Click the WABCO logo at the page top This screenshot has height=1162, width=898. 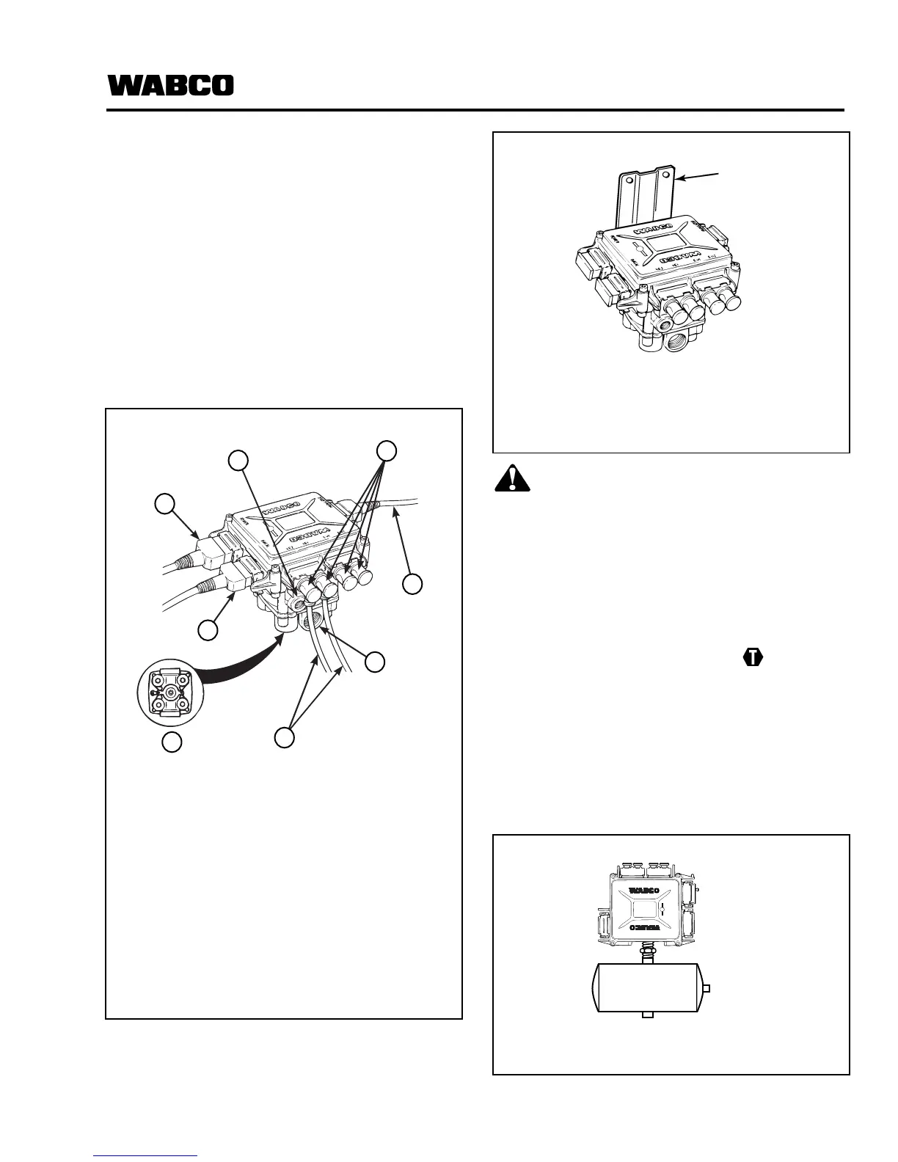[x=171, y=85]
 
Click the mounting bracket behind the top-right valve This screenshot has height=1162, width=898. [x=645, y=195]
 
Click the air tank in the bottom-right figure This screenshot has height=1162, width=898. [x=646, y=987]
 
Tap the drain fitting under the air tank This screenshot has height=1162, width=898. [x=646, y=1015]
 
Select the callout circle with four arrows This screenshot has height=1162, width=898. [x=387, y=450]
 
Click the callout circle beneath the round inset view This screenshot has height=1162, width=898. [x=172, y=742]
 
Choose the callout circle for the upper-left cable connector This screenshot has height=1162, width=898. [x=166, y=504]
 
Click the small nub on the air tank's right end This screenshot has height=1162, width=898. [x=707, y=987]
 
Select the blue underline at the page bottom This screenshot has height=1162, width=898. [x=145, y=1155]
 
